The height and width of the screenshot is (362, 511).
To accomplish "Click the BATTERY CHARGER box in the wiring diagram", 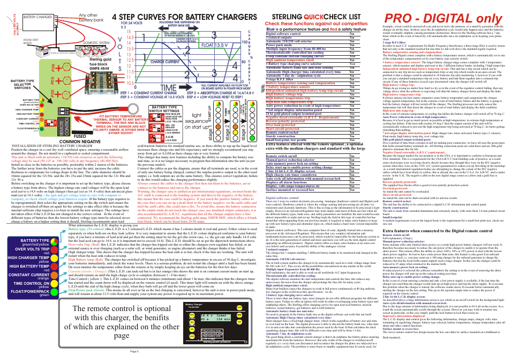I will point(39,17).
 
